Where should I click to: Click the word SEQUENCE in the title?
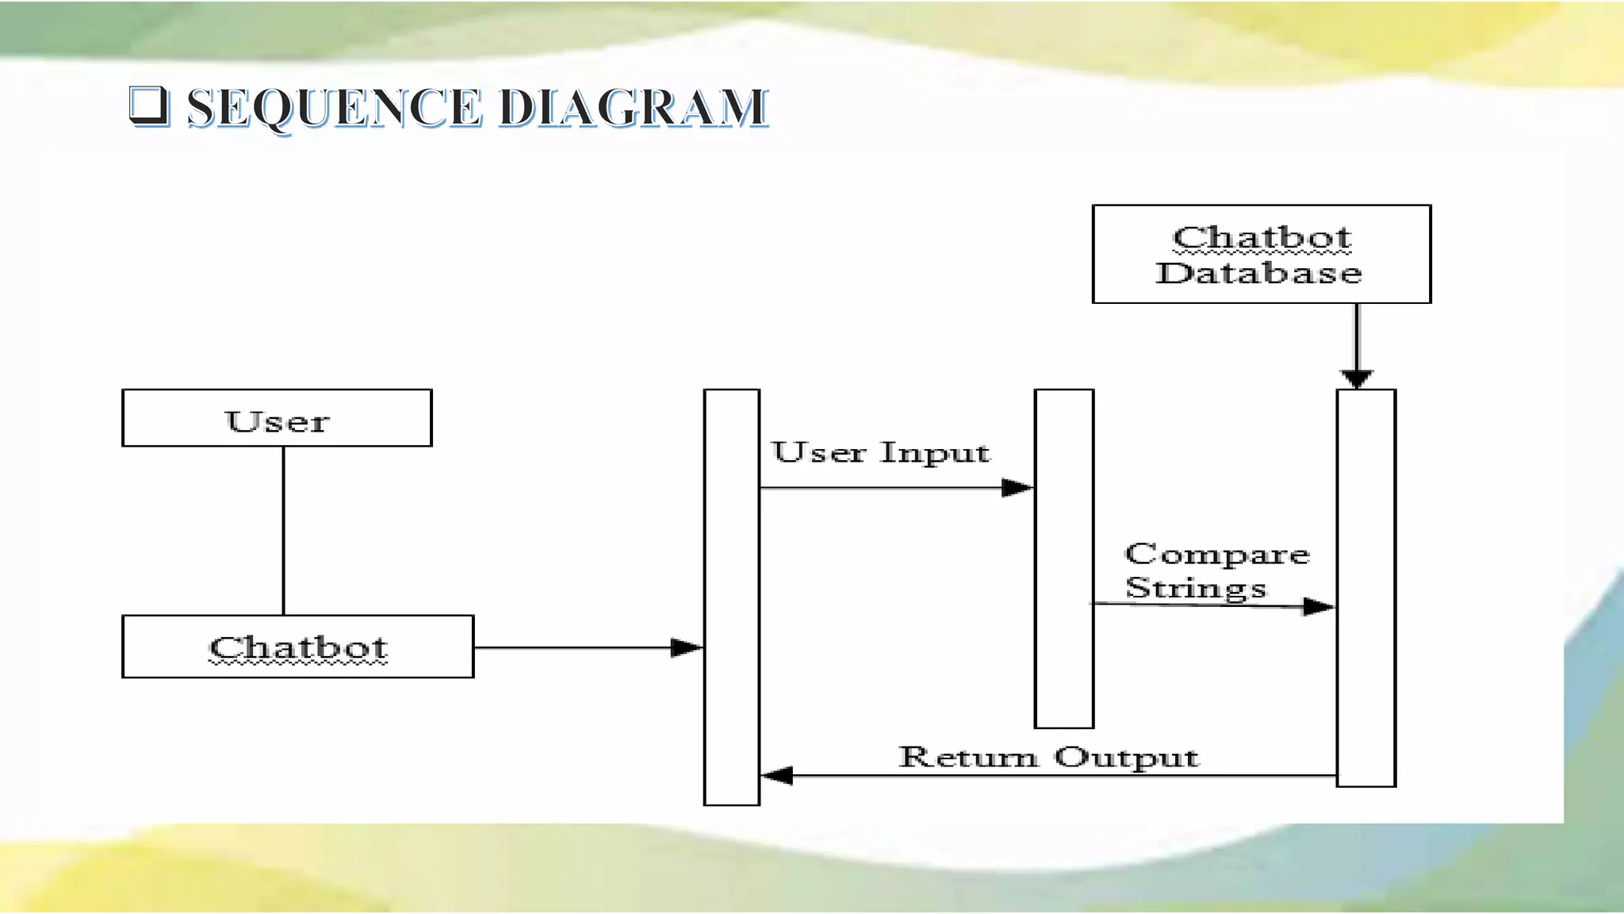click(x=334, y=108)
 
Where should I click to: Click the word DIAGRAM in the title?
click(x=634, y=108)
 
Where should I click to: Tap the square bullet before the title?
click(x=148, y=106)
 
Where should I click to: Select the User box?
click(x=277, y=418)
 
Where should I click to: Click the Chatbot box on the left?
click(x=297, y=647)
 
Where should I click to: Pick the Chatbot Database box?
click(x=1261, y=254)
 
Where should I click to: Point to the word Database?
click(x=1258, y=274)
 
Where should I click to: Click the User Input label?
click(x=880, y=453)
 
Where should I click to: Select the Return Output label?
click(x=1048, y=757)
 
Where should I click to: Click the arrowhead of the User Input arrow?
click(x=1017, y=488)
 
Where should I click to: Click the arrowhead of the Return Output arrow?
click(x=777, y=775)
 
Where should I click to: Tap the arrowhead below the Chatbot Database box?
click(x=1357, y=378)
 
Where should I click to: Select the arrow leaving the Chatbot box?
click(x=587, y=648)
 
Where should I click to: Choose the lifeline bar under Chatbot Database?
click(x=1365, y=587)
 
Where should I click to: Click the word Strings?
click(x=1196, y=589)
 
